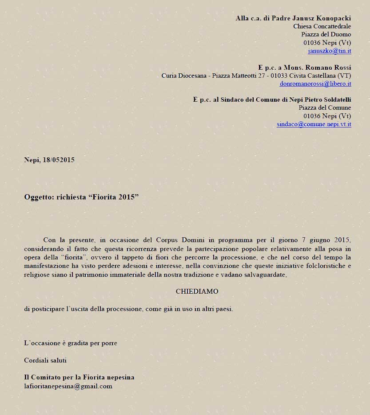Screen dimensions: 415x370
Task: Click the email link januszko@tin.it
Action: pyautogui.click(x=329, y=51)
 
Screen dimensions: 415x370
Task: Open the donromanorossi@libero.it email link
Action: pyautogui.click(x=315, y=84)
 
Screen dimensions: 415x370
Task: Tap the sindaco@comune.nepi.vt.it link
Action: pyautogui.click(x=314, y=124)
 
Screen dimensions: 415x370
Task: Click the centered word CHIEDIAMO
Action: pyautogui.click(x=197, y=291)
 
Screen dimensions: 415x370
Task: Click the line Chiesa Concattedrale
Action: pyautogui.click(x=322, y=26)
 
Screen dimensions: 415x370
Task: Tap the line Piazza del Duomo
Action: pyautogui.click(x=326, y=35)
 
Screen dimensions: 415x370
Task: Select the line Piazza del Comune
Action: pyautogui.click(x=325, y=108)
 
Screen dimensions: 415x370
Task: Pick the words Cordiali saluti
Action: pyautogui.click(x=45, y=360)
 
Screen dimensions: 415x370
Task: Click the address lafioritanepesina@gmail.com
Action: pyautogui.click(x=68, y=386)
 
